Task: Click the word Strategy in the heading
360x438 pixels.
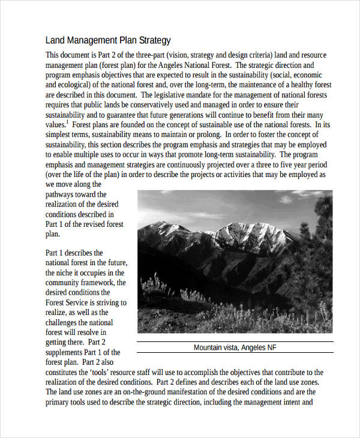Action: (x=155, y=41)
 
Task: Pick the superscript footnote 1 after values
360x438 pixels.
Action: (x=67, y=122)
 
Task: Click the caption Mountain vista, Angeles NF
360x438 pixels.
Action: (x=235, y=347)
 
